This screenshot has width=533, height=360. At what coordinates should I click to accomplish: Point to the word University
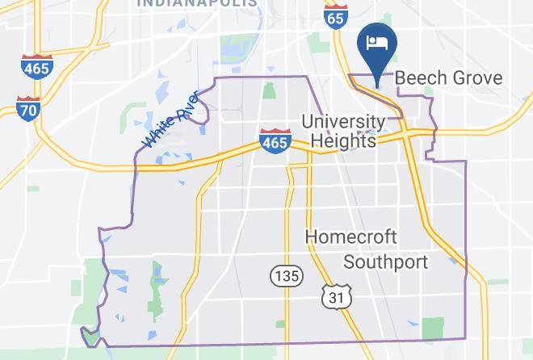(x=342, y=122)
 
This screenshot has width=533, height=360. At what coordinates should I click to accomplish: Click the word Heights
(x=344, y=140)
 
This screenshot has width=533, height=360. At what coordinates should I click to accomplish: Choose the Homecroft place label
(x=350, y=237)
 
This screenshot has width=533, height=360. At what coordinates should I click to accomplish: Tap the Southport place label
(x=385, y=262)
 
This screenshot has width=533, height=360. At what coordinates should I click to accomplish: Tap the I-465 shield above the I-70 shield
(x=37, y=67)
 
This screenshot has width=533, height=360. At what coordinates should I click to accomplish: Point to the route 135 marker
(x=286, y=276)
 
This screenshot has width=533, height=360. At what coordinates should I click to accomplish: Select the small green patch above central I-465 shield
(x=268, y=90)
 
